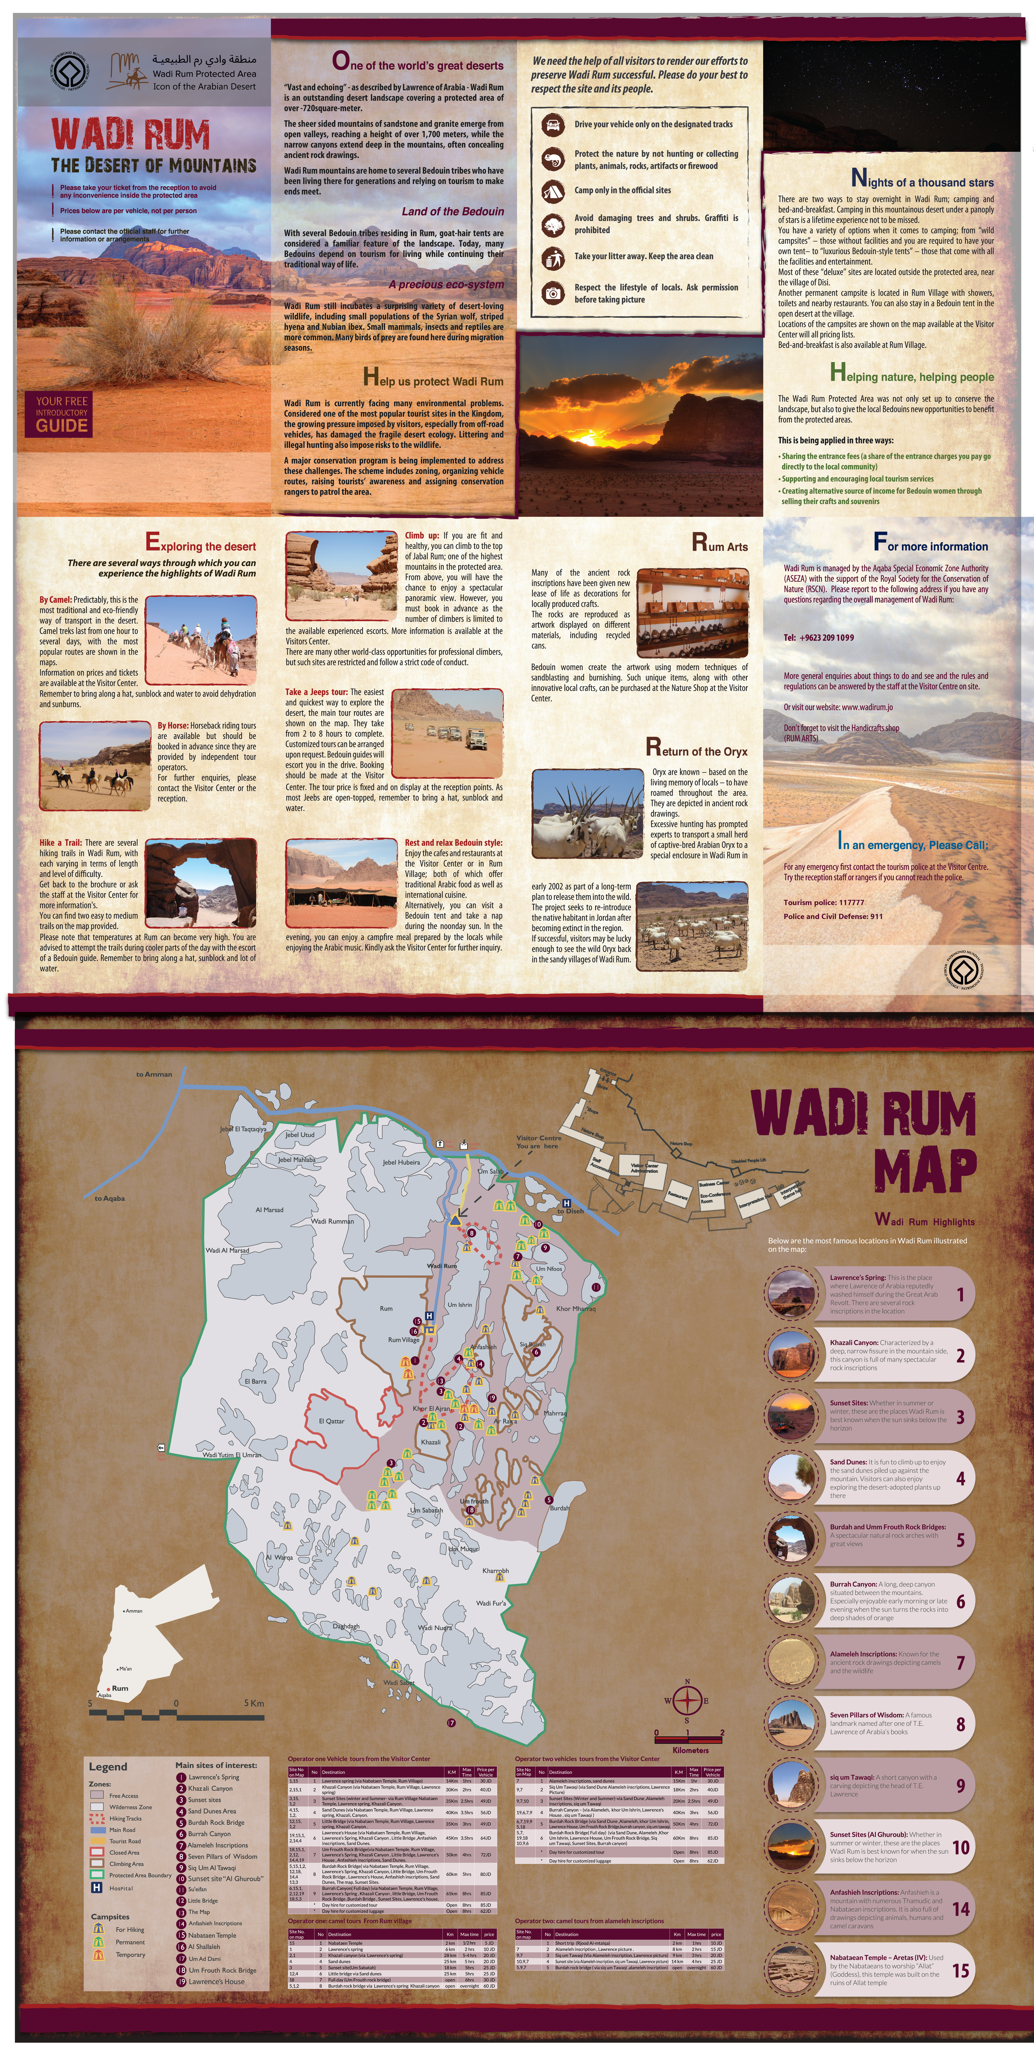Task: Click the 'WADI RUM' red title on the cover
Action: (130, 134)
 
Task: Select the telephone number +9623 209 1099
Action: (819, 637)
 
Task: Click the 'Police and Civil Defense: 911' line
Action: (833, 916)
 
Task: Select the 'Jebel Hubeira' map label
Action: (401, 1162)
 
